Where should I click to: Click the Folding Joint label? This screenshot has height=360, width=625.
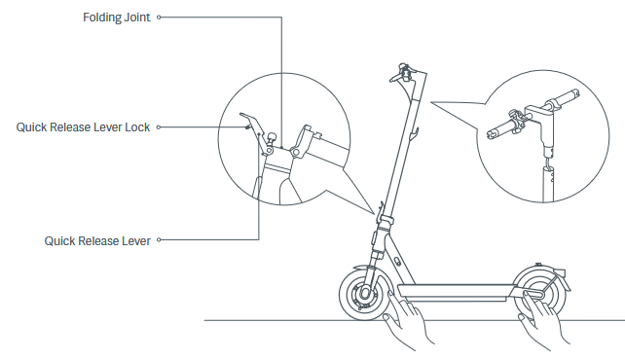pos(117,18)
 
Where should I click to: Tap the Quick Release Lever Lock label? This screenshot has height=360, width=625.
pos(83,127)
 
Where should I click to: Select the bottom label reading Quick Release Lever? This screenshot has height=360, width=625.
pos(97,241)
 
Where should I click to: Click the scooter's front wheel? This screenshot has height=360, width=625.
pos(365,294)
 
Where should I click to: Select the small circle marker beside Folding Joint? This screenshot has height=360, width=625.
pos(159,18)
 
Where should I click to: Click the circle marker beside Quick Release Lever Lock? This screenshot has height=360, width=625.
pos(159,127)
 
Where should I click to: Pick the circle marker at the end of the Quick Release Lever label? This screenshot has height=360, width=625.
pos(159,239)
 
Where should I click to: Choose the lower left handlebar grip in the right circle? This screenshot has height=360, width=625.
pos(500,129)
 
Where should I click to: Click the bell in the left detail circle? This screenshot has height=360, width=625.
pos(273,138)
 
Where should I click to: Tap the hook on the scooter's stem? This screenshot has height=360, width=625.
pos(414,134)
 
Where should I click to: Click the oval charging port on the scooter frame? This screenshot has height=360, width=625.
pos(397,261)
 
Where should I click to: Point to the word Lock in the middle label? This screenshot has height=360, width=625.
pos(137,127)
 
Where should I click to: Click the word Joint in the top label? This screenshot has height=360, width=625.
pos(137,18)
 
